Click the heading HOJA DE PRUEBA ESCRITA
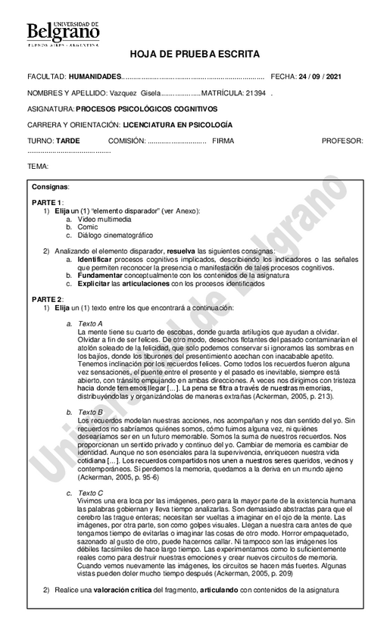pyautogui.click(x=195, y=55)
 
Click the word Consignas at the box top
pyautogui.click(x=50, y=186)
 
